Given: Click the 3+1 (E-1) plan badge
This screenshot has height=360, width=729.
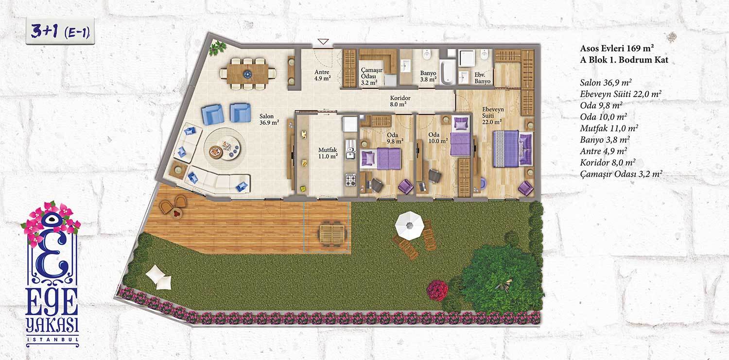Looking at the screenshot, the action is (60, 32).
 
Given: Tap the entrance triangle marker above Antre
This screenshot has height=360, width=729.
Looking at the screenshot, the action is (323, 42).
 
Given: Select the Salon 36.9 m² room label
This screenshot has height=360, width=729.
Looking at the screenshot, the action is (269, 120).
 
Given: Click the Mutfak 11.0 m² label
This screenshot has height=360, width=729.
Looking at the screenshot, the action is (328, 153).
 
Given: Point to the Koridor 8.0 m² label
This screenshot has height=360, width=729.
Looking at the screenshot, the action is (400, 101).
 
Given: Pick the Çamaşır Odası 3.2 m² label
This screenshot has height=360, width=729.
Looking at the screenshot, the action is (371, 76).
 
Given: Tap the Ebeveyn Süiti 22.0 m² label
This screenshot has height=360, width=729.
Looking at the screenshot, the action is (492, 116).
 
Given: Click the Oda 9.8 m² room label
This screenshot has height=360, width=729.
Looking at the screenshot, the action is (395, 138).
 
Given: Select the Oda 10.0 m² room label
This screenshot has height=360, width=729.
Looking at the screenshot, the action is (438, 138).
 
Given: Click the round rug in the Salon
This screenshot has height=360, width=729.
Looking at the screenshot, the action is (225, 148).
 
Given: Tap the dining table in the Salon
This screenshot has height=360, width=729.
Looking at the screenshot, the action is (247, 74).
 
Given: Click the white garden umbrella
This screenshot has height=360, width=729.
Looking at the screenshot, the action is (409, 226).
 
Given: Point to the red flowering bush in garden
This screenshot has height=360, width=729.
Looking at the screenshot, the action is (437, 291).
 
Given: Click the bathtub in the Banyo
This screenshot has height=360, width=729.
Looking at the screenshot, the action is (447, 72).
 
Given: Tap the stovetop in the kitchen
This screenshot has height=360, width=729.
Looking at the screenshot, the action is (350, 180).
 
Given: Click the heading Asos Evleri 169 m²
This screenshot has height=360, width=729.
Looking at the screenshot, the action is (617, 48).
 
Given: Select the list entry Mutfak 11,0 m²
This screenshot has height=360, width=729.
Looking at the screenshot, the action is (608, 128).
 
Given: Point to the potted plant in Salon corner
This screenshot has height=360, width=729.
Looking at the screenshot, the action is (217, 48).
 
